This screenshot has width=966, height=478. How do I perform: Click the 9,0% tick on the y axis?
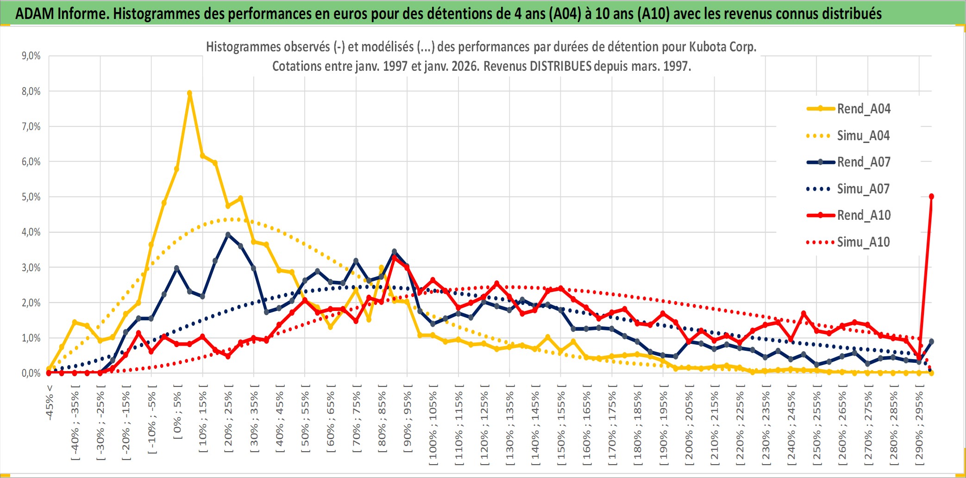(x=31, y=56)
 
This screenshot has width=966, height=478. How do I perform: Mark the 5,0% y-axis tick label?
(x=31, y=197)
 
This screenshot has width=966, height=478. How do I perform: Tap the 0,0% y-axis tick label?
(x=31, y=373)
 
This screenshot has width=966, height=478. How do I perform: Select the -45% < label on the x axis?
(x=50, y=403)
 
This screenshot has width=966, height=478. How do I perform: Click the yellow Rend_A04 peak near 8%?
(x=189, y=93)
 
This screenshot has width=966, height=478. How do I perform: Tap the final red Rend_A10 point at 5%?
(x=931, y=197)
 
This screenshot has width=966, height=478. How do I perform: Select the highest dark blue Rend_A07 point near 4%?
(x=228, y=235)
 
